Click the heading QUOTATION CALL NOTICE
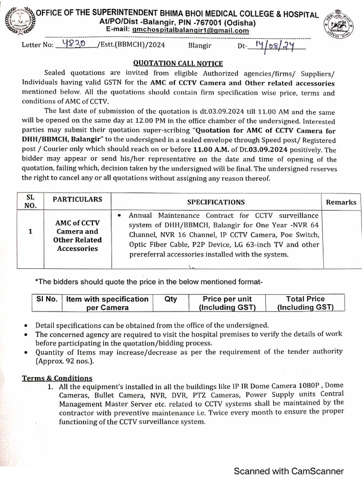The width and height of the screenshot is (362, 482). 178,64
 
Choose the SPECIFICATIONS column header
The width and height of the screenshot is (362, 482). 216,202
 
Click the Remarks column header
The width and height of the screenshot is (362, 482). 341,202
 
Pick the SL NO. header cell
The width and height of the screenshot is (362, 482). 30,201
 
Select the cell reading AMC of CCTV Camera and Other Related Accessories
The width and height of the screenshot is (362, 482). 77,236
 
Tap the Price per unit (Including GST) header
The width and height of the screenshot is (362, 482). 227,304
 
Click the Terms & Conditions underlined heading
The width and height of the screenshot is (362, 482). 58,378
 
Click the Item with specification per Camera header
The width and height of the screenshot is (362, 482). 107,304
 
